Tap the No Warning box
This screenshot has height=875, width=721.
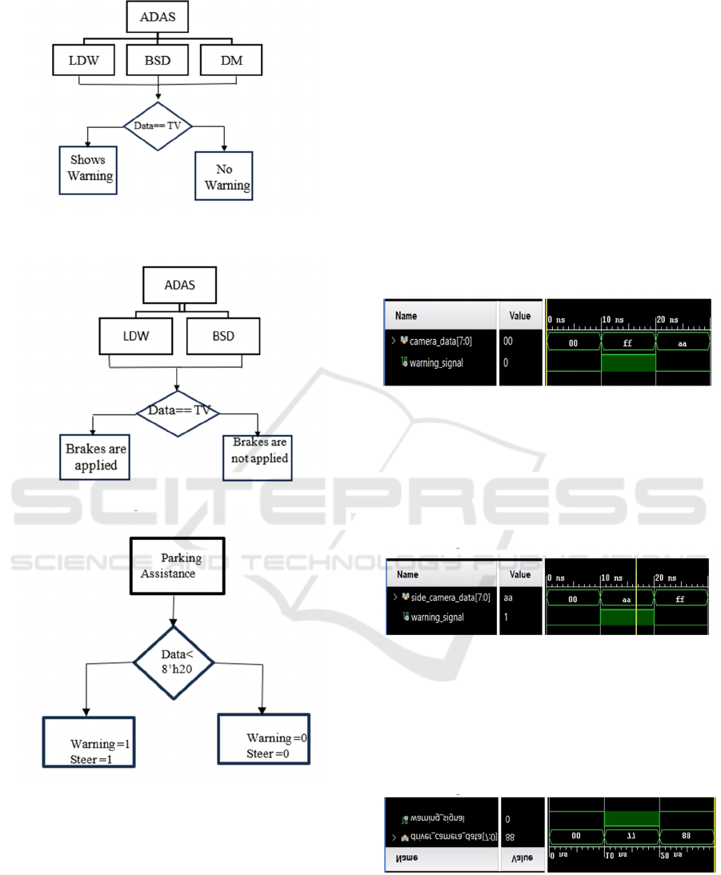coord(223,177)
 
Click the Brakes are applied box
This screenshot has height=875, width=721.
coord(95,457)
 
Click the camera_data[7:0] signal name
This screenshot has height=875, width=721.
coord(440,341)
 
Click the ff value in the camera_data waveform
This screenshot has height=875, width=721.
coord(627,342)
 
